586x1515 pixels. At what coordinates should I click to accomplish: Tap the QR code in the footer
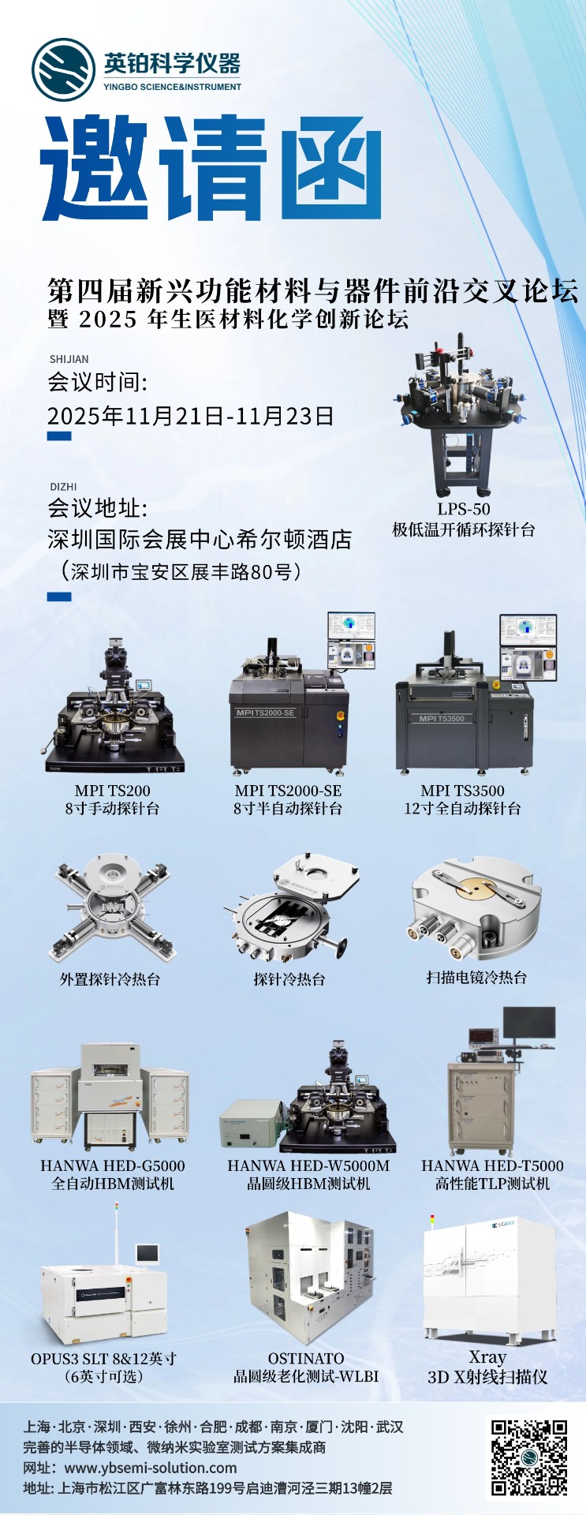[529, 1457]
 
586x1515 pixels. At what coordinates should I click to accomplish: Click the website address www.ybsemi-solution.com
[151, 1468]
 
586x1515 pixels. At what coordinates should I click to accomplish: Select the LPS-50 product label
[464, 509]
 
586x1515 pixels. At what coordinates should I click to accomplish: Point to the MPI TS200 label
[113, 791]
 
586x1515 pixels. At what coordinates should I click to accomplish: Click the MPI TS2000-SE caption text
[288, 791]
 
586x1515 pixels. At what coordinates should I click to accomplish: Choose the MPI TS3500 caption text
[462, 791]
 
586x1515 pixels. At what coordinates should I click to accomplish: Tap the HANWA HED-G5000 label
[113, 1165]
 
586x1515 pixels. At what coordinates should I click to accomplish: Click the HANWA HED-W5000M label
[308, 1165]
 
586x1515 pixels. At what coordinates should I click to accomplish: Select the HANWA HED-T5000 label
[492, 1165]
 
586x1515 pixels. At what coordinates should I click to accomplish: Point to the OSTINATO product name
[306, 1358]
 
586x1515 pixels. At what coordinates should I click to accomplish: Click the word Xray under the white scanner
[487, 1356]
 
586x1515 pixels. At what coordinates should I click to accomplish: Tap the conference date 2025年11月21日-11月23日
[191, 416]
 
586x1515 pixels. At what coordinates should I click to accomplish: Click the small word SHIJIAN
[69, 359]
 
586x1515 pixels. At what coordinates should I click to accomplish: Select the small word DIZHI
[63, 487]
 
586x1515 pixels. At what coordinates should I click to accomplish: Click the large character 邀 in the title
[95, 167]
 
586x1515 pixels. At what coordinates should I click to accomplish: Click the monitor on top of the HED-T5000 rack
[529, 1023]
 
